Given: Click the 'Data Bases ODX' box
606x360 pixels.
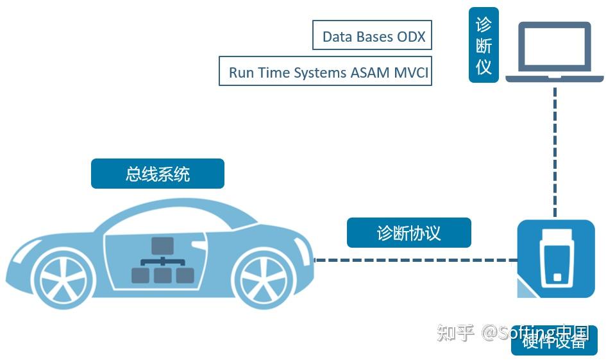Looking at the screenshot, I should (x=372, y=35).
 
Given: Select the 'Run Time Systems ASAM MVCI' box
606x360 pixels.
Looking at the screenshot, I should (x=325, y=71).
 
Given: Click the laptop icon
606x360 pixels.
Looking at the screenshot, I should (x=555, y=53).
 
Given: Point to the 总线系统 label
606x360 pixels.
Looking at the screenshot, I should (x=158, y=174).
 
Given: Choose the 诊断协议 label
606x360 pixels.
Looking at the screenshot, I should (x=409, y=232).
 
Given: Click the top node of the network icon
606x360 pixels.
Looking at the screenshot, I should (x=162, y=245).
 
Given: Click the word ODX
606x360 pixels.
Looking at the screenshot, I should (x=411, y=36).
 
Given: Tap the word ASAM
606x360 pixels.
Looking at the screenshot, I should (x=369, y=72).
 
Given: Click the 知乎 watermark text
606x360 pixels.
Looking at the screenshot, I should (x=456, y=332).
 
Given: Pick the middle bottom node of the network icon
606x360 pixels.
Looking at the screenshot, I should (x=162, y=275).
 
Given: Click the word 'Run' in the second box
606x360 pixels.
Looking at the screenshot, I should (x=241, y=72).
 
